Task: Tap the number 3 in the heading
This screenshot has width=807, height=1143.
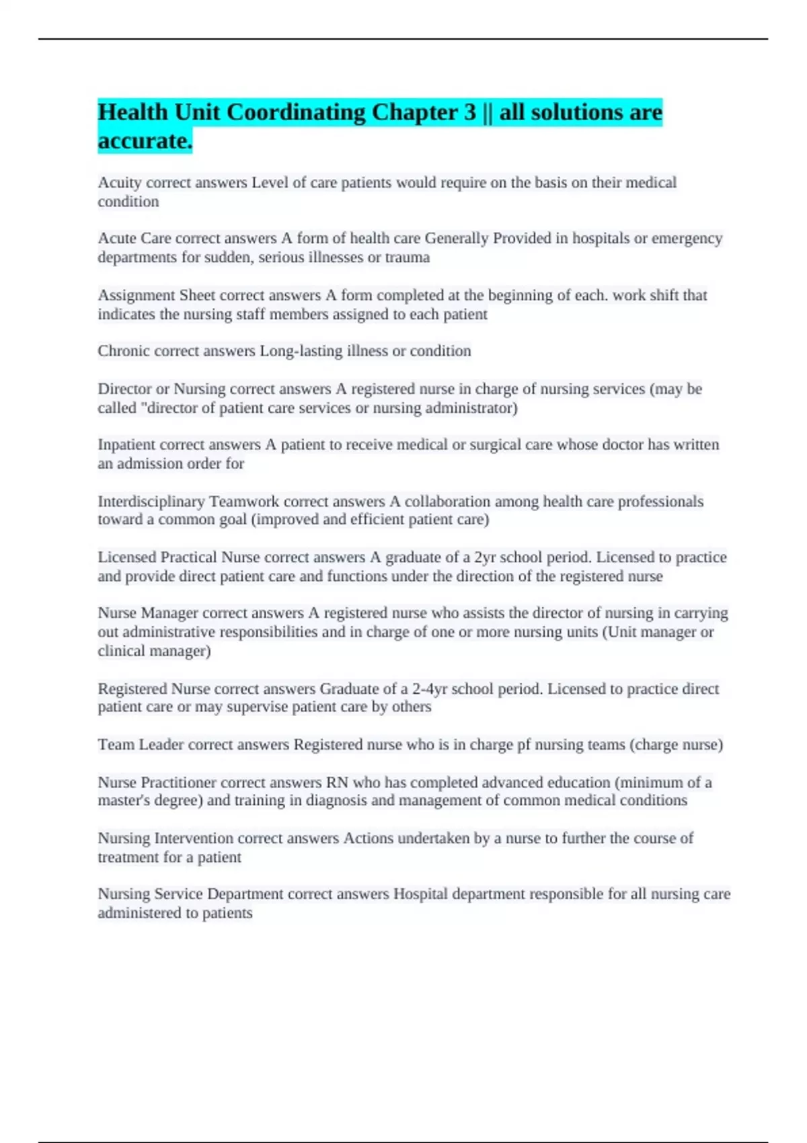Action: [x=469, y=112]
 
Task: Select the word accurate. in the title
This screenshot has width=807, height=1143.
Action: [x=145, y=141]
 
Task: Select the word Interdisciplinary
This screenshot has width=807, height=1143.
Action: [x=151, y=502]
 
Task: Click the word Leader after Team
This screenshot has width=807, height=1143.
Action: [x=161, y=745]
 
